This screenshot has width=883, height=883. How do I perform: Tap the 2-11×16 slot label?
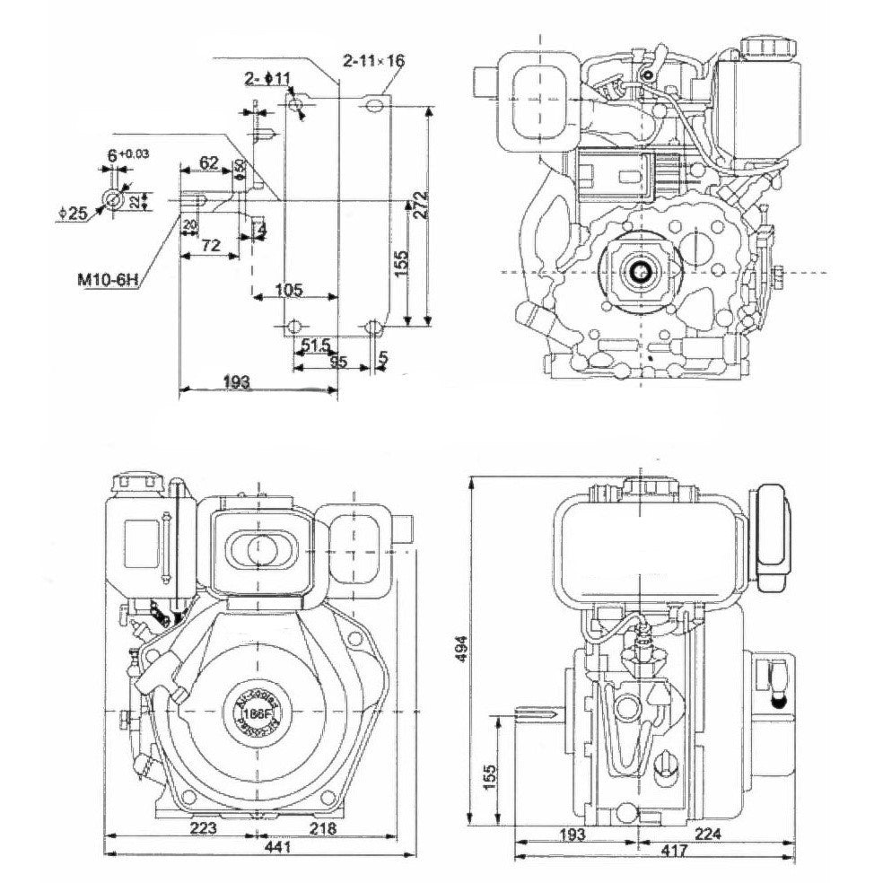coord(374,62)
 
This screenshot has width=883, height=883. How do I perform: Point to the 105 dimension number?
coord(287,290)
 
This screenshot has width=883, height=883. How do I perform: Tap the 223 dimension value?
coord(204,829)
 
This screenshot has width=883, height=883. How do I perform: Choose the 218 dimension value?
coord(323,829)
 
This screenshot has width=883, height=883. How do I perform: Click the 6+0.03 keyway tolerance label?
coord(128,155)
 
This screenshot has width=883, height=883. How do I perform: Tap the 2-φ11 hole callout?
coord(267,78)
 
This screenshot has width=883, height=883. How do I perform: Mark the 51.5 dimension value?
coord(316,345)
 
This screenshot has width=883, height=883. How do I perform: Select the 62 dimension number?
coord(208,162)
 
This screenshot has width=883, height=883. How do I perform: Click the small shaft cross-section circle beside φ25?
coord(114,200)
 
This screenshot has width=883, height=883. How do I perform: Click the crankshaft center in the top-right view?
coord(643,272)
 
